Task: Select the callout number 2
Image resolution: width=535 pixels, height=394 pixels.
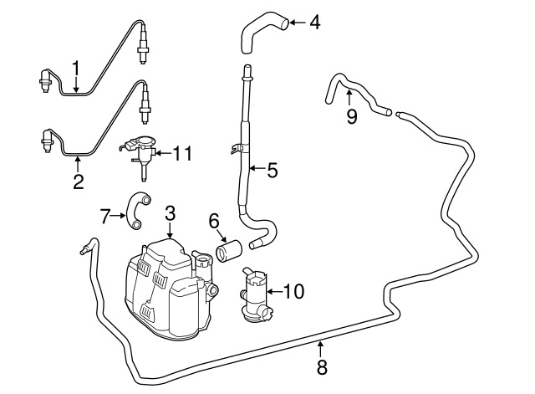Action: point(78,182)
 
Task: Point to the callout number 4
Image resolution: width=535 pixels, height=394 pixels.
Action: point(314,23)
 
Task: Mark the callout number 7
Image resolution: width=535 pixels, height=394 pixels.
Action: point(104,217)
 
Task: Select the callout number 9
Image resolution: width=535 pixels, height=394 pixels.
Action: point(352,116)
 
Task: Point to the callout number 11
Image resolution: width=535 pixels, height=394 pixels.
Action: point(182,153)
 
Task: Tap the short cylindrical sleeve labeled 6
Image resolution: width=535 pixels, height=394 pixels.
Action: point(227,250)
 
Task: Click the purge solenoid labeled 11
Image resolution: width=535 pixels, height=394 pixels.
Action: point(140,152)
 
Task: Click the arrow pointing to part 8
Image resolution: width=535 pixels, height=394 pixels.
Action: point(321,346)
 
